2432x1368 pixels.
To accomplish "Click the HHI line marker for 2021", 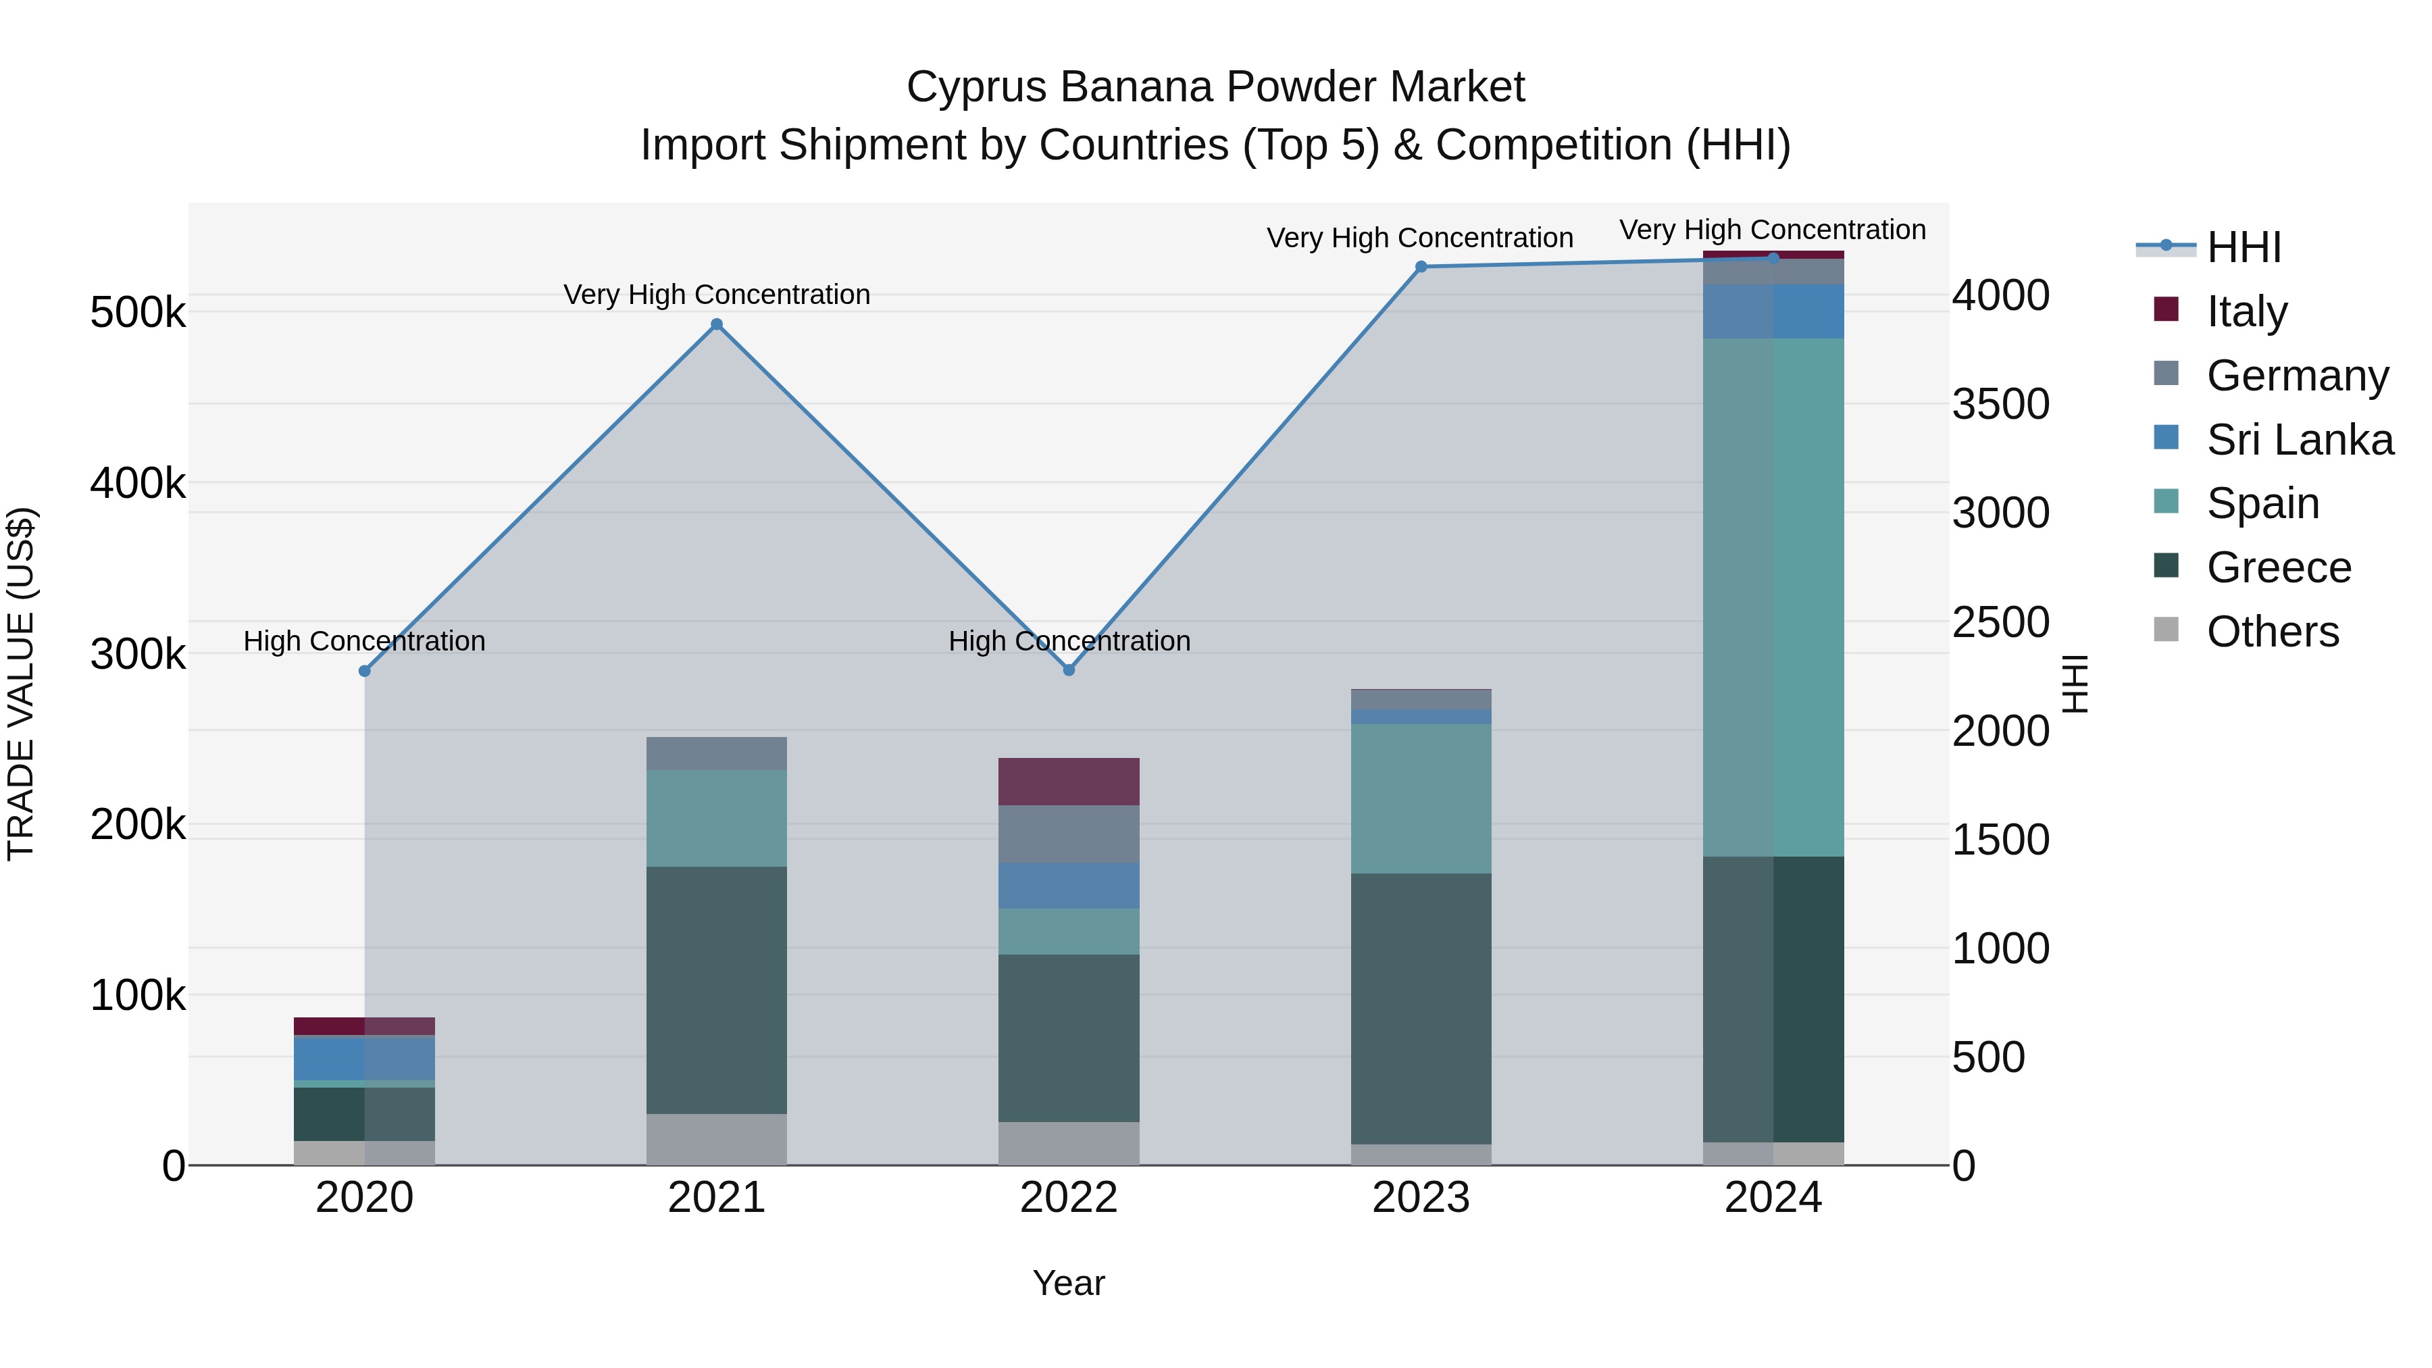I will (717, 325).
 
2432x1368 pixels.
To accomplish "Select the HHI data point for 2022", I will (1069, 670).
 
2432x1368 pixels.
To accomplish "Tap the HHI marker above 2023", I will (1421, 267).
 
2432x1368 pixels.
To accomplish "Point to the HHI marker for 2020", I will (364, 672).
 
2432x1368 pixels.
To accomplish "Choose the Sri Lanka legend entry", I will (2299, 440).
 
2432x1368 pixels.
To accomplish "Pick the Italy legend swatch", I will (2166, 309).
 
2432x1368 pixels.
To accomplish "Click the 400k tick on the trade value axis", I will (138, 484).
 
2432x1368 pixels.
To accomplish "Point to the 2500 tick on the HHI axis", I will (2000, 622).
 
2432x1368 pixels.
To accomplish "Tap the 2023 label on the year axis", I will (1421, 1198).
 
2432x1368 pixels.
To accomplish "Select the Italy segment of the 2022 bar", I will (1069, 781).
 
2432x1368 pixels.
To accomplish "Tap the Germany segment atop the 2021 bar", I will (717, 753).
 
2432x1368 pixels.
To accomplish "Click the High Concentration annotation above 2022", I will (1069, 641).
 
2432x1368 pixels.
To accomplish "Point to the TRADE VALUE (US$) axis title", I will (21, 684).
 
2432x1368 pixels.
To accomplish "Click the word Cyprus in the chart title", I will (976, 87).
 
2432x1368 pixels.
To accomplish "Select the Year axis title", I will (1069, 1283).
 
